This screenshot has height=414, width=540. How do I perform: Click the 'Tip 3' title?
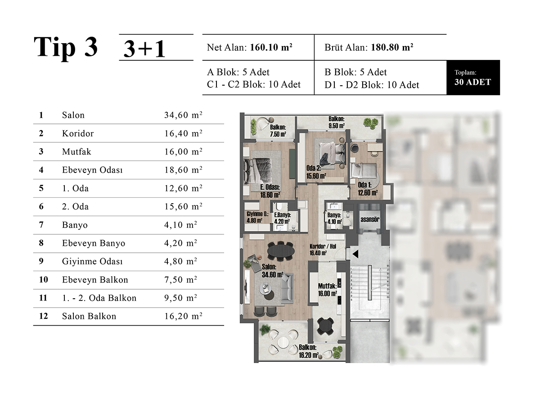click(x=66, y=47)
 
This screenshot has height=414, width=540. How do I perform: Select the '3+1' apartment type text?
click(x=144, y=49)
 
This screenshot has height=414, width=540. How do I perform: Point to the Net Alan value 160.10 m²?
click(x=271, y=47)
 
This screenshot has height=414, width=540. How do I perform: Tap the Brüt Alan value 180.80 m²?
click(x=392, y=47)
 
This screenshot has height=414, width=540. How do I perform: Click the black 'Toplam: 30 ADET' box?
click(x=473, y=77)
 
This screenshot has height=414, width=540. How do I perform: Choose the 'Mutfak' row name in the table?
click(x=76, y=152)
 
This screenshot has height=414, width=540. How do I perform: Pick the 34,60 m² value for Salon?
click(x=183, y=115)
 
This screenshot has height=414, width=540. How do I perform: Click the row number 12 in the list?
click(x=43, y=316)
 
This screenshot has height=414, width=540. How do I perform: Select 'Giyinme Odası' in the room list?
click(x=92, y=261)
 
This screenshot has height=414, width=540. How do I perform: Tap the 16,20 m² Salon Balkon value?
click(x=183, y=316)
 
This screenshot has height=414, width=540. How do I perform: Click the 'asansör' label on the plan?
click(x=370, y=219)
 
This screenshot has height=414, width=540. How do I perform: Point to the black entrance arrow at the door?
click(x=355, y=254)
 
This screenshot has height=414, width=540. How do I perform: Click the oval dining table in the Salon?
click(x=281, y=251)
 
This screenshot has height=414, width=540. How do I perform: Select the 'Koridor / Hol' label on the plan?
click(x=323, y=250)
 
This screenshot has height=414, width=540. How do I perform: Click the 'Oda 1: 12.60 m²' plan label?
click(x=368, y=189)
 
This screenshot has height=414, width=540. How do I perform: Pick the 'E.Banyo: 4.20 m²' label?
click(x=282, y=218)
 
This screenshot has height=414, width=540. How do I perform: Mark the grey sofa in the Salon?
click(x=287, y=288)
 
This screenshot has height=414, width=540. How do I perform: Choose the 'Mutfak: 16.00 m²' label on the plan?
click(x=328, y=290)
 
